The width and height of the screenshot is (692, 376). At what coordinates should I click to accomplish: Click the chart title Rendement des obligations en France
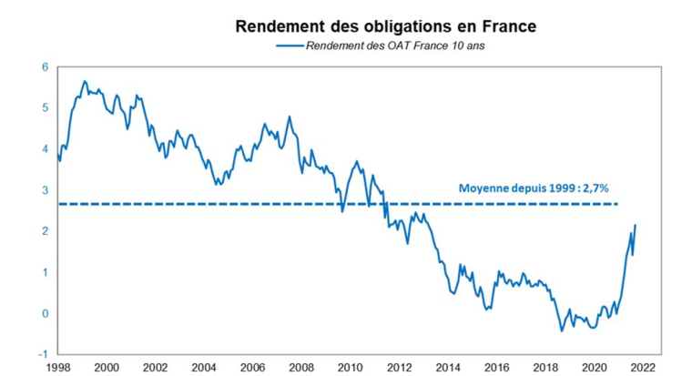pyautogui.click(x=385, y=26)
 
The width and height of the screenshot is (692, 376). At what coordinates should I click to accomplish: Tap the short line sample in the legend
pyautogui.click(x=288, y=46)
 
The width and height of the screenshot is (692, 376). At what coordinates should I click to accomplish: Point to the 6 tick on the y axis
pyautogui.click(x=45, y=67)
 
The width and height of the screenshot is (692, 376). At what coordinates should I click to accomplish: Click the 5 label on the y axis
pyautogui.click(x=45, y=108)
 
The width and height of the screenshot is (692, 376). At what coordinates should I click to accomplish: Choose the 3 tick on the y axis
pyautogui.click(x=45, y=190)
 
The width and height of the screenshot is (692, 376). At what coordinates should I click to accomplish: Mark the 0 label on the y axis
pyautogui.click(x=45, y=313)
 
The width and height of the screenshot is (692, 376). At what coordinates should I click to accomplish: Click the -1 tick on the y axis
pyautogui.click(x=43, y=354)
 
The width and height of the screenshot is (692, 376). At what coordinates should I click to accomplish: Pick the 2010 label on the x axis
pyautogui.click(x=350, y=367)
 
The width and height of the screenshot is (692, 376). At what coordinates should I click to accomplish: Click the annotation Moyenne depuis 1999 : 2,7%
pyautogui.click(x=533, y=190)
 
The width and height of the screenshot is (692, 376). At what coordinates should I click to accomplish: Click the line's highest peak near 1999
pyautogui.click(x=85, y=81)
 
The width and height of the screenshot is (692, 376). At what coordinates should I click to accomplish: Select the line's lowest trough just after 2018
pyautogui.click(x=561, y=330)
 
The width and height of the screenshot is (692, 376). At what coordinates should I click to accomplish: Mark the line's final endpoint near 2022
pyautogui.click(x=636, y=225)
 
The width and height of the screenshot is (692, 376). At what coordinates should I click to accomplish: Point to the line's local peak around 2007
pyautogui.click(x=289, y=117)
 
